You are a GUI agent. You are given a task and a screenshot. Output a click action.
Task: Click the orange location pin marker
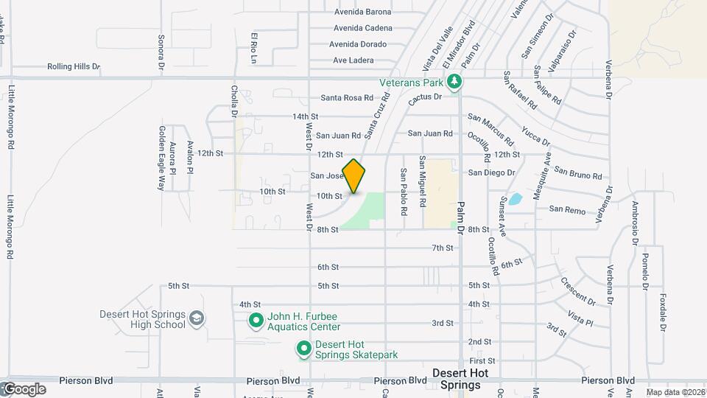tap(354, 175)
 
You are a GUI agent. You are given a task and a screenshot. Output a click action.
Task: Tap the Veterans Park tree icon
tap(456, 82)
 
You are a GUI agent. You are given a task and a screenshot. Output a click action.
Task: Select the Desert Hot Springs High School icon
tap(197, 318)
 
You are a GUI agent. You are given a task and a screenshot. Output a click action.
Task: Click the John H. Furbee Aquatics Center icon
tap(256, 321)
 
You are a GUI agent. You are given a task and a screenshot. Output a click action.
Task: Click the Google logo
tap(24, 388)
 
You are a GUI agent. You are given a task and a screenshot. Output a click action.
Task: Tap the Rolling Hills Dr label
tap(73, 66)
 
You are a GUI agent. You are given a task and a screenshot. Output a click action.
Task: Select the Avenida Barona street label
tap(362, 12)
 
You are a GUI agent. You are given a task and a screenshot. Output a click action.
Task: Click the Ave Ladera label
tap(353, 60)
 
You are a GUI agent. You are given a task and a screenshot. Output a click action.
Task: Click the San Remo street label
tap(567, 210)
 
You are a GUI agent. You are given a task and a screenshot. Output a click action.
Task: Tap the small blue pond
tap(516, 198)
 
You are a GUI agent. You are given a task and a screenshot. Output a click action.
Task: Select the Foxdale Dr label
tap(663, 313)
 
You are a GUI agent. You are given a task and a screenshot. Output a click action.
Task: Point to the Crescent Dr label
tap(577, 291)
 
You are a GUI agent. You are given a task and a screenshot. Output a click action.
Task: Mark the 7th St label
tap(443, 248)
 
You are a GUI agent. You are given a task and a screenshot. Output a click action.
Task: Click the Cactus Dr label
tap(426, 97)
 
